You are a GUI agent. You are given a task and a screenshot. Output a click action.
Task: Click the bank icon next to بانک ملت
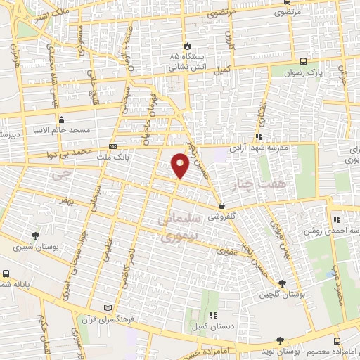pos(113,147)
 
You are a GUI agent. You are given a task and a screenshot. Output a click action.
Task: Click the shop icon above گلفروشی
pos(222,206)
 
